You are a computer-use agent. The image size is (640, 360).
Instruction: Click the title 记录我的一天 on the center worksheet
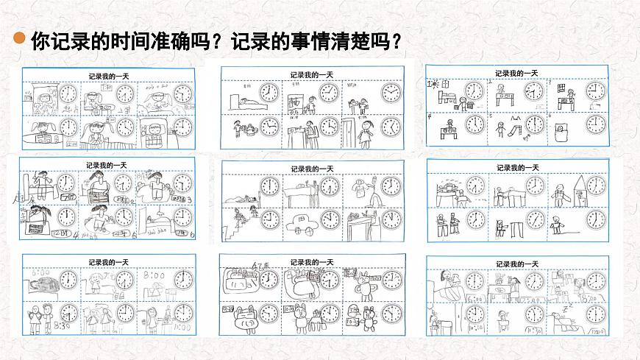point(312,169)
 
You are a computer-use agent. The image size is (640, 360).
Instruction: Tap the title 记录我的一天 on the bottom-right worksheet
point(517,263)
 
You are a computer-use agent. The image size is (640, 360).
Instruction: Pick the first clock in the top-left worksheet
point(67,93)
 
